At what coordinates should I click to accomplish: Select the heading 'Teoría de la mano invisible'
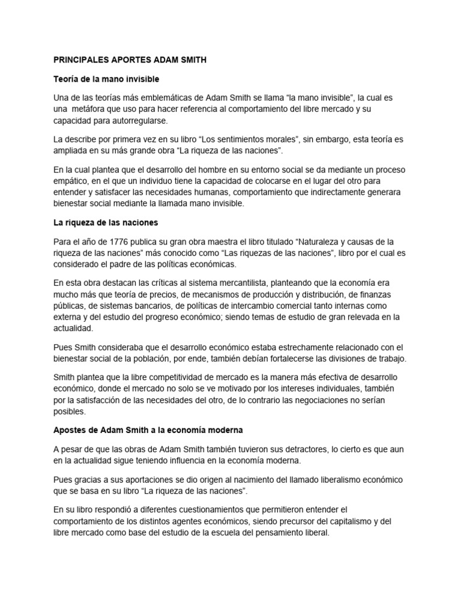(x=106, y=79)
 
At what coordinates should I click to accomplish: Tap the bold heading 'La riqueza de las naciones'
(x=106, y=223)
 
